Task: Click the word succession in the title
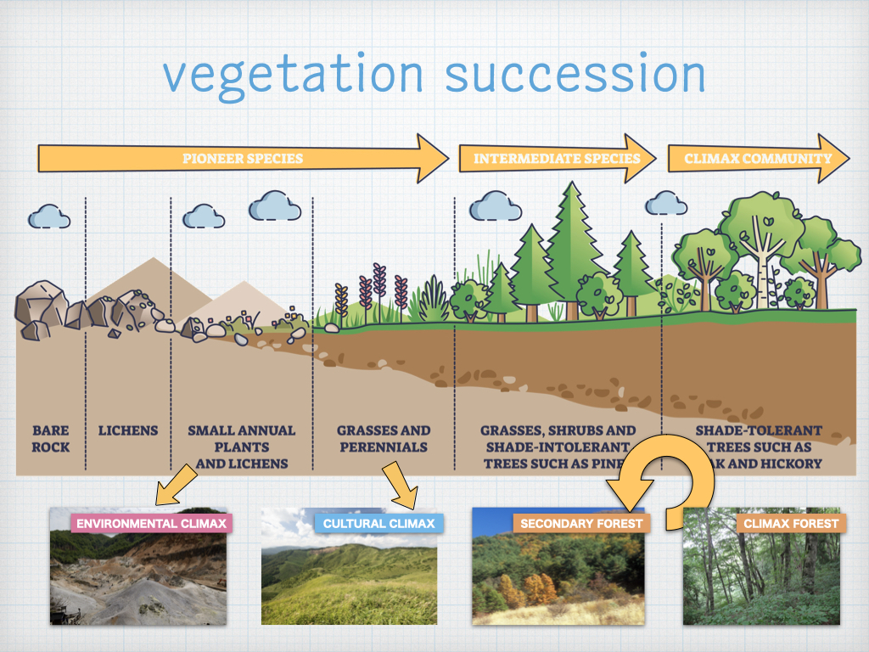pos(575,74)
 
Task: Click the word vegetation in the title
pos(294,74)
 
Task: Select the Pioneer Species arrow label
pos(243,158)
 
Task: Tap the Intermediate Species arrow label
pos(557,158)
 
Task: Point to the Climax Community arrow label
pos(758,158)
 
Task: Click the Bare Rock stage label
pos(50,439)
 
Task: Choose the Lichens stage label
pos(128,430)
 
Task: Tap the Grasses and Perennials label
pos(384,439)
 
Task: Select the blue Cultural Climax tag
pos(378,523)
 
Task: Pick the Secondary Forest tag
pos(581,523)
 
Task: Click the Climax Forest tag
pos(791,523)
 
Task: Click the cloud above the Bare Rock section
pos(48,216)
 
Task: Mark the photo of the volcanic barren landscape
pos(138,577)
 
